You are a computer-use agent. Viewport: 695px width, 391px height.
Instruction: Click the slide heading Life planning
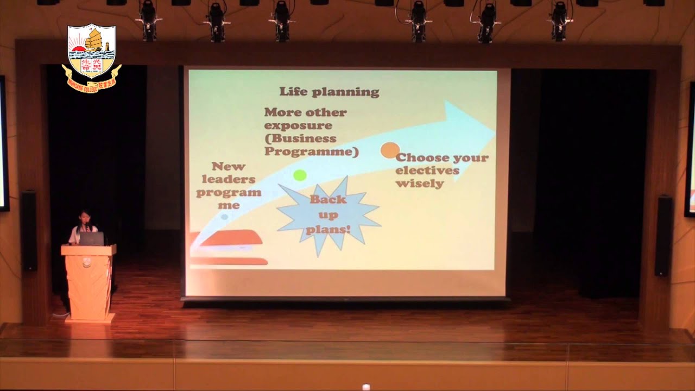point(329,92)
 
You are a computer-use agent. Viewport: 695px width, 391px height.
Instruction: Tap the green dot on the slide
point(300,175)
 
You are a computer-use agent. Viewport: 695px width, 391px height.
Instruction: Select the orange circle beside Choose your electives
point(390,150)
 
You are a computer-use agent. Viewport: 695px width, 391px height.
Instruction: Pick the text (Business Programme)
point(311,145)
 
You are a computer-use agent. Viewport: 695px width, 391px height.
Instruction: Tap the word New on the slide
point(229,167)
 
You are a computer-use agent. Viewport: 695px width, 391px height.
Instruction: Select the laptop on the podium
point(91,239)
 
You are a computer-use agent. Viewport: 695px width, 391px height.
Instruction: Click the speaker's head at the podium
point(85,218)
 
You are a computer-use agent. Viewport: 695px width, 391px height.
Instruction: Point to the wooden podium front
point(89,282)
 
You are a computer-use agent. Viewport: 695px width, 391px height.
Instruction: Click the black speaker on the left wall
point(28,230)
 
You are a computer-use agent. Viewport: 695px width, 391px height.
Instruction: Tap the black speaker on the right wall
point(663,236)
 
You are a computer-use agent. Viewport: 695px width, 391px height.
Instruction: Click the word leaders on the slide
point(229,179)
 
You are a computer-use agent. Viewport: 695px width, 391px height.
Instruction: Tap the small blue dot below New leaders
point(224,216)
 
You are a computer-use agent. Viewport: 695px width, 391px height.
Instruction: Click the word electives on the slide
point(427,171)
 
